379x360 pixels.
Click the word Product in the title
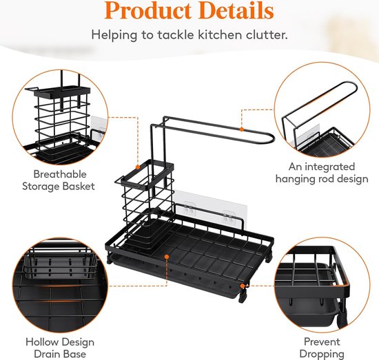tap(147, 11)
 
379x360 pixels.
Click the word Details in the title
tap(236, 10)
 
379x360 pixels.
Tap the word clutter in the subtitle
tap(267, 35)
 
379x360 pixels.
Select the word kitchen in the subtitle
tap(219, 35)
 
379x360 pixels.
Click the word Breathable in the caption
tap(60, 174)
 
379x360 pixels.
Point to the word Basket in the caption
tap(79, 187)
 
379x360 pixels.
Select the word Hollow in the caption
tap(42, 342)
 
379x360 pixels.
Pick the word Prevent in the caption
tap(322, 341)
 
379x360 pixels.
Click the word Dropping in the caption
tap(322, 354)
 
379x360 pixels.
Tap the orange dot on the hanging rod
tap(241, 129)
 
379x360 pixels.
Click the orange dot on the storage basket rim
tap(138, 167)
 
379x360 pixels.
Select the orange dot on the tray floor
tap(167, 256)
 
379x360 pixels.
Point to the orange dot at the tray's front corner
tap(242, 286)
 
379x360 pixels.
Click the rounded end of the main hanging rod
tap(273, 139)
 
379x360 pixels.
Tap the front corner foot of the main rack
tap(242, 298)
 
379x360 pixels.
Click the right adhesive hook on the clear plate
tap(227, 215)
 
